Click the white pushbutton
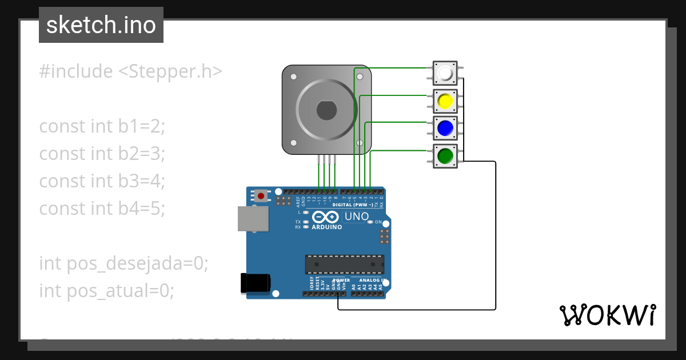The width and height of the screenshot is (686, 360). (x=445, y=74)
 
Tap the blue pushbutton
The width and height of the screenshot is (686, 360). (x=445, y=128)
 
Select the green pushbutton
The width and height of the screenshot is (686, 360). (x=445, y=155)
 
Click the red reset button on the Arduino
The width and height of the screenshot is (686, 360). (x=261, y=196)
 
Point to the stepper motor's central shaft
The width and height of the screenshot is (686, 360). (x=326, y=110)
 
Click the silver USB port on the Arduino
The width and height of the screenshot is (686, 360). (x=253, y=219)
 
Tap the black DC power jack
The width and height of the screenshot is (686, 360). (x=254, y=283)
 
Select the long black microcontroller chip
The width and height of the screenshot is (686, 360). (x=344, y=265)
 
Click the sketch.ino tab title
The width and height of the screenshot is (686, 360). (x=101, y=25)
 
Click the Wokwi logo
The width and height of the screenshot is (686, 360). (x=607, y=314)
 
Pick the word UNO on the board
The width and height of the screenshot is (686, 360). (x=357, y=217)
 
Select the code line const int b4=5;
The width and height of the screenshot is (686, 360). (x=102, y=209)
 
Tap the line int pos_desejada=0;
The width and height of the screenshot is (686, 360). (x=123, y=263)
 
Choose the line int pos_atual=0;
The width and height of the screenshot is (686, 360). (x=106, y=291)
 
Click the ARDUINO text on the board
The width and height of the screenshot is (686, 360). (x=326, y=227)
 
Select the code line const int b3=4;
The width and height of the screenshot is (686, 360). (x=102, y=181)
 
